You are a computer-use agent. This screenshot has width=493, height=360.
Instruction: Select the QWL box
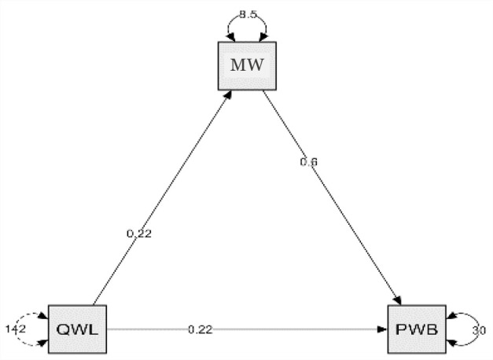(x=76, y=329)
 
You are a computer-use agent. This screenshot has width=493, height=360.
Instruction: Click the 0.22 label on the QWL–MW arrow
(x=139, y=233)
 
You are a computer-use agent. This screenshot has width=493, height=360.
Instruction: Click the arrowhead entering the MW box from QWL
(x=229, y=92)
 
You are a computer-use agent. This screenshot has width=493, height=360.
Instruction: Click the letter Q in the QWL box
(x=62, y=329)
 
